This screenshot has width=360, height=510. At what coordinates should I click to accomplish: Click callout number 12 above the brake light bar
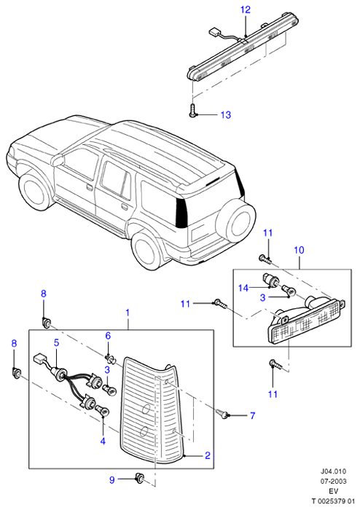pyautogui.click(x=246, y=9)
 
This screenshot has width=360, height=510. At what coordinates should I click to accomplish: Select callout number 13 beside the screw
pyautogui.click(x=226, y=115)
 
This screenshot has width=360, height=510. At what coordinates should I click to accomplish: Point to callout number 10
pyautogui.click(x=299, y=250)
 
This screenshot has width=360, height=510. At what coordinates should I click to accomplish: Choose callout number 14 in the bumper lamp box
pyautogui.click(x=243, y=288)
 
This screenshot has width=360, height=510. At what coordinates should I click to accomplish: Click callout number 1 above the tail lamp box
pyautogui.click(x=128, y=313)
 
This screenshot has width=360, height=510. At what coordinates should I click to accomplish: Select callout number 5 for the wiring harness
pyautogui.click(x=56, y=342)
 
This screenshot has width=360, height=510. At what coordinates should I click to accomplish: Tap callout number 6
pyautogui.click(x=108, y=336)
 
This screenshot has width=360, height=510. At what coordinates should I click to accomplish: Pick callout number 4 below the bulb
pyautogui.click(x=103, y=442)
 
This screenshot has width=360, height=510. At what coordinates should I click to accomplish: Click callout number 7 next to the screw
pyautogui.click(x=252, y=415)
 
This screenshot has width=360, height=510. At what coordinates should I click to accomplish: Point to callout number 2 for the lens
pyautogui.click(x=208, y=455)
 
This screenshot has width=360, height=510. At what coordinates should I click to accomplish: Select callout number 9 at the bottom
pyautogui.click(x=112, y=479)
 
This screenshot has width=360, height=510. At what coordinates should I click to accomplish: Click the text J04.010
pyautogui.click(x=333, y=471)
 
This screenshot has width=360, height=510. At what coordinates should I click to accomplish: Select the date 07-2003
pyautogui.click(x=333, y=482)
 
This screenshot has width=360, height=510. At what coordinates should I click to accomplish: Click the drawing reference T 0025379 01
pyautogui.click(x=333, y=501)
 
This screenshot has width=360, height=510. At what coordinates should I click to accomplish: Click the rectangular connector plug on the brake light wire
pyautogui.click(x=214, y=32)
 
